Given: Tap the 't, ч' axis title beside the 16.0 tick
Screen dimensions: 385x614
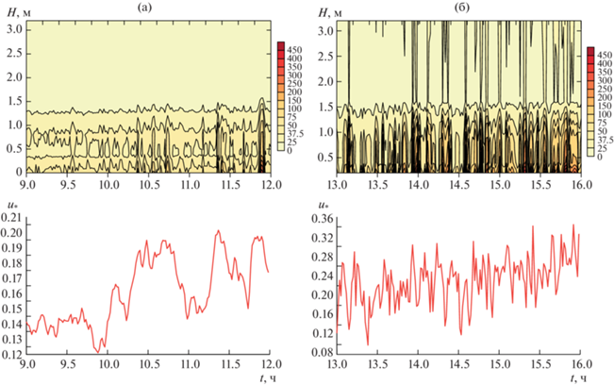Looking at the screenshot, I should click(x=576, y=377).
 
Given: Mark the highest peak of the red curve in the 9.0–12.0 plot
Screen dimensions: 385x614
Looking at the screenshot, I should click(x=218, y=230).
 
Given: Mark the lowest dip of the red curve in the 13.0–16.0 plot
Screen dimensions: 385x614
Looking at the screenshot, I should click(x=368, y=344).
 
